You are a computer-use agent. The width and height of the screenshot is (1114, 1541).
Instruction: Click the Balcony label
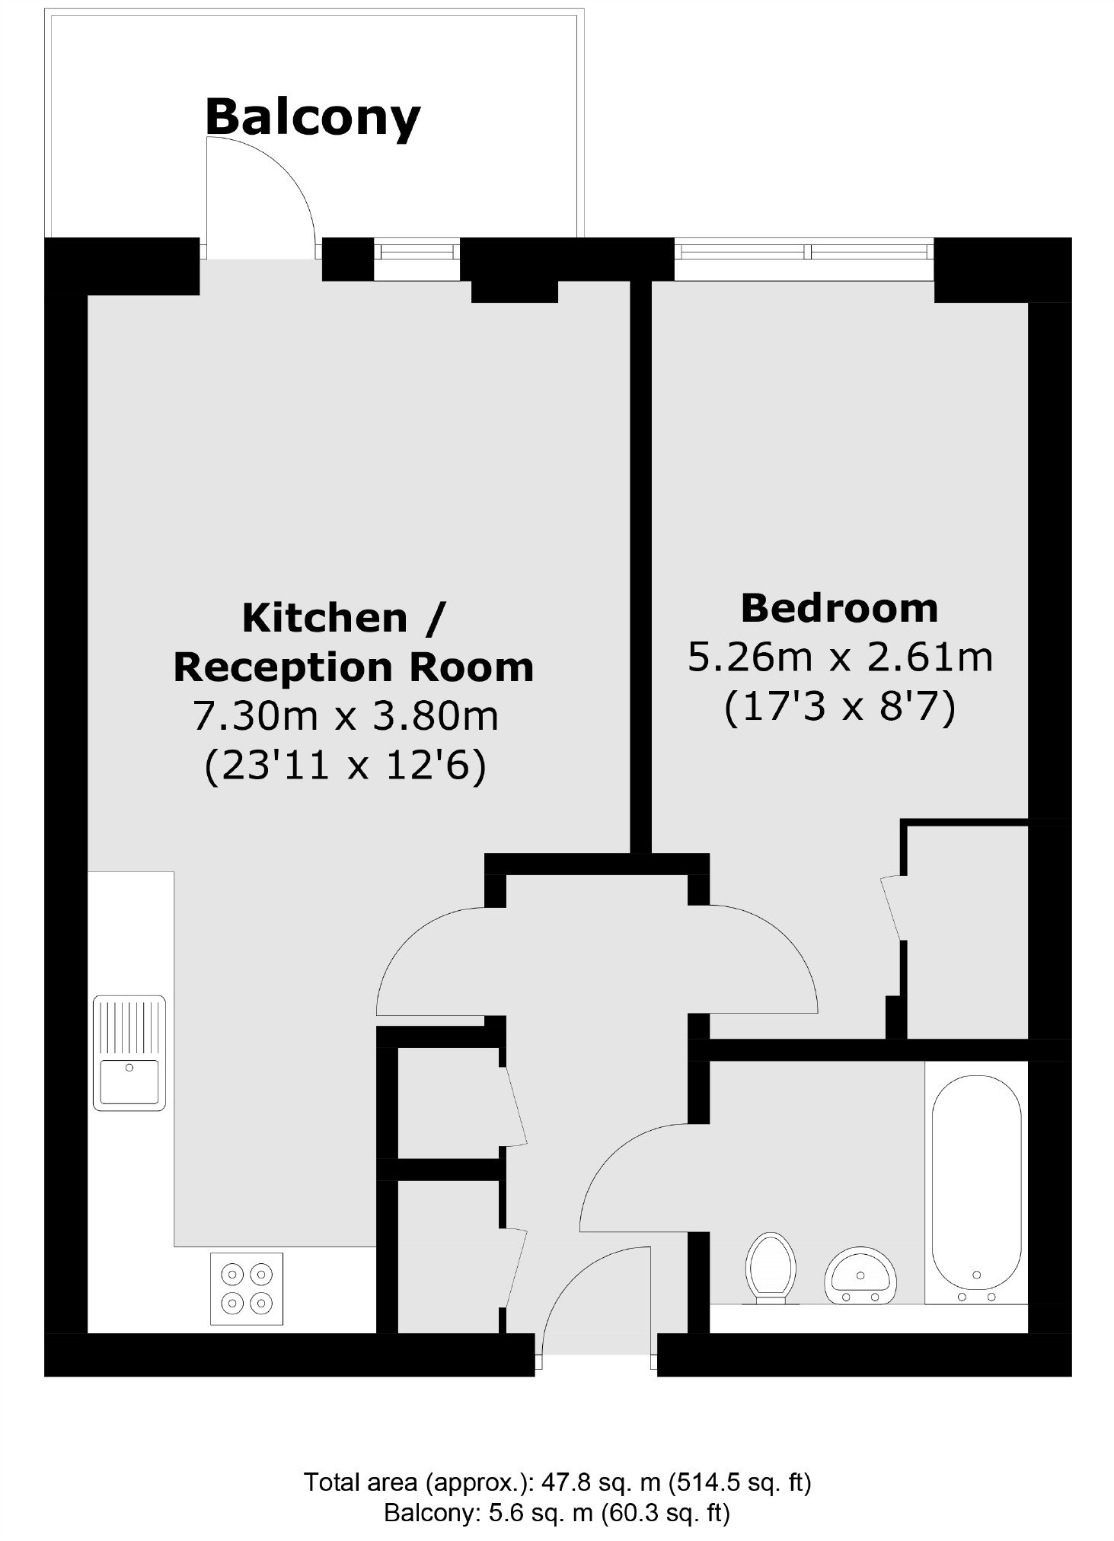[312, 118]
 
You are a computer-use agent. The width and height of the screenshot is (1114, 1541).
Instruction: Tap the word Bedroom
[839, 608]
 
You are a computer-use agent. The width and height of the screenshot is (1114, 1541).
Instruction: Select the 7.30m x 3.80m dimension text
[346, 716]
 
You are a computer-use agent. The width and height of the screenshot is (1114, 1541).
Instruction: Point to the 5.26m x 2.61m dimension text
[841, 657]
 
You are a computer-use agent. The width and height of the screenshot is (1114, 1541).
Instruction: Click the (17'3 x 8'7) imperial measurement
[840, 709]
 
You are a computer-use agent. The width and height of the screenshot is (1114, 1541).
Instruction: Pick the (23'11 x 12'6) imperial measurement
[345, 766]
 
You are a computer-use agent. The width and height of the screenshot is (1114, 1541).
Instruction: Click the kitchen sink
[129, 1052]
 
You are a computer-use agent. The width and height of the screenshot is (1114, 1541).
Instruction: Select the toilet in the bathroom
[771, 1269]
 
